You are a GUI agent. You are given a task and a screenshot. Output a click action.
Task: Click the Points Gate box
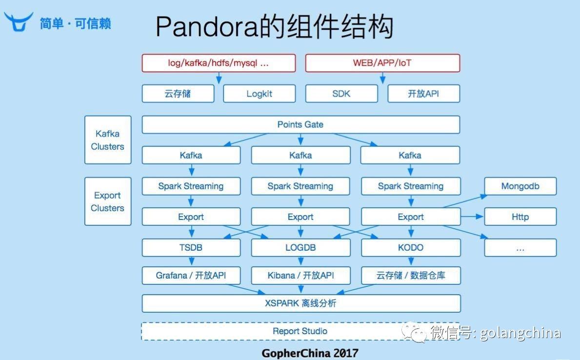300,124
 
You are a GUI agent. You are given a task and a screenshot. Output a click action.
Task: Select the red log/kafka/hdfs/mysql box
219,63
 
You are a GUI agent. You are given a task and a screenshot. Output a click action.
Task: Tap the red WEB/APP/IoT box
382,63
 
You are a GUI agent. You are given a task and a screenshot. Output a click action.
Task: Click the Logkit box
259,94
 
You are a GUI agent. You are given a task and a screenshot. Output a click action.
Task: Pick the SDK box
341,94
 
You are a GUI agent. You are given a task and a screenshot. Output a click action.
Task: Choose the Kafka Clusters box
108,140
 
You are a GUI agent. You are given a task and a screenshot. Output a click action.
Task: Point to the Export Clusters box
108,201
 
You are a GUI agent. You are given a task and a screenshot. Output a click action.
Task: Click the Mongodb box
520,186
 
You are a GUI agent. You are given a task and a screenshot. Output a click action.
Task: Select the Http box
520,217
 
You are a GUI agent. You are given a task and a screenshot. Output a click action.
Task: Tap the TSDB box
191,248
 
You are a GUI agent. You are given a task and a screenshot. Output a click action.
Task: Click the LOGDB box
300,248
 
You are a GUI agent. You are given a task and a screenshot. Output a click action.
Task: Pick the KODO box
411,248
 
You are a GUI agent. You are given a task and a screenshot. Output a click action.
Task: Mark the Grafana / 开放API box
191,276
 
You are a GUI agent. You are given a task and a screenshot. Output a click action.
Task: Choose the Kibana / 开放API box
300,276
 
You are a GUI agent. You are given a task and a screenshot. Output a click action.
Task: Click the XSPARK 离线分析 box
300,303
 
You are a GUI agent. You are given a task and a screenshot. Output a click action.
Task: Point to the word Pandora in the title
205,27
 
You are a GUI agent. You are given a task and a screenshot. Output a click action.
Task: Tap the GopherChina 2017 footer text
310,353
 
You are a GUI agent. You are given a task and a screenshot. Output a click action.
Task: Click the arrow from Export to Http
472,217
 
